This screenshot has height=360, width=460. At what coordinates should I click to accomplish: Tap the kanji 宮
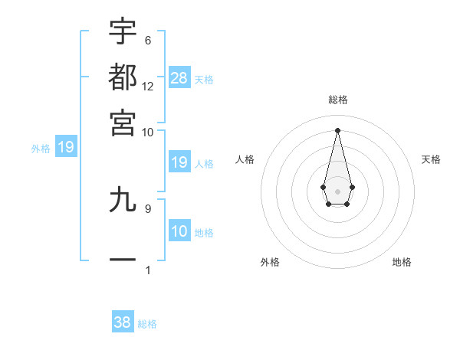(123, 122)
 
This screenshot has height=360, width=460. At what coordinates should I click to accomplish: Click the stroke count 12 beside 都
(148, 86)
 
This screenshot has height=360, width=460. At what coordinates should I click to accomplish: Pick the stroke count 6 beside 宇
(148, 40)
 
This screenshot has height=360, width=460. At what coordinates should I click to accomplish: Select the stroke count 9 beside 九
(148, 208)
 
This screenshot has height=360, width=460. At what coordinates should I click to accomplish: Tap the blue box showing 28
(179, 77)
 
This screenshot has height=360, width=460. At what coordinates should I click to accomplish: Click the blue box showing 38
(123, 322)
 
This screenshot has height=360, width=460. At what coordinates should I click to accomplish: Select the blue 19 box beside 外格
(65, 146)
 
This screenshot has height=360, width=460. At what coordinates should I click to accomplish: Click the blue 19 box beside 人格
(179, 162)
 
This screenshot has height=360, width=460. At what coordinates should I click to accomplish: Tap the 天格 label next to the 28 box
(204, 79)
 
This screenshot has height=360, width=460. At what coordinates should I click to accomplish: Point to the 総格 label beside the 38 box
(147, 324)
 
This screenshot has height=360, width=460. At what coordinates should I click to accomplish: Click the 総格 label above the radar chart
(337, 100)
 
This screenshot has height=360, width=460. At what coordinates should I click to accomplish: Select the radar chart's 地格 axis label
(402, 262)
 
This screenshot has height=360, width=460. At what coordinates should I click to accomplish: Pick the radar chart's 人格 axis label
(245, 159)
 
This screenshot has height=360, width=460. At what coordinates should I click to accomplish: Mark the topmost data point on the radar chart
(337, 129)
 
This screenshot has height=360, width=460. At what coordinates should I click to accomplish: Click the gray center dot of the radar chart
(337, 191)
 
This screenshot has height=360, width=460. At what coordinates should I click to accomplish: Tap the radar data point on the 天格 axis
(352, 186)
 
